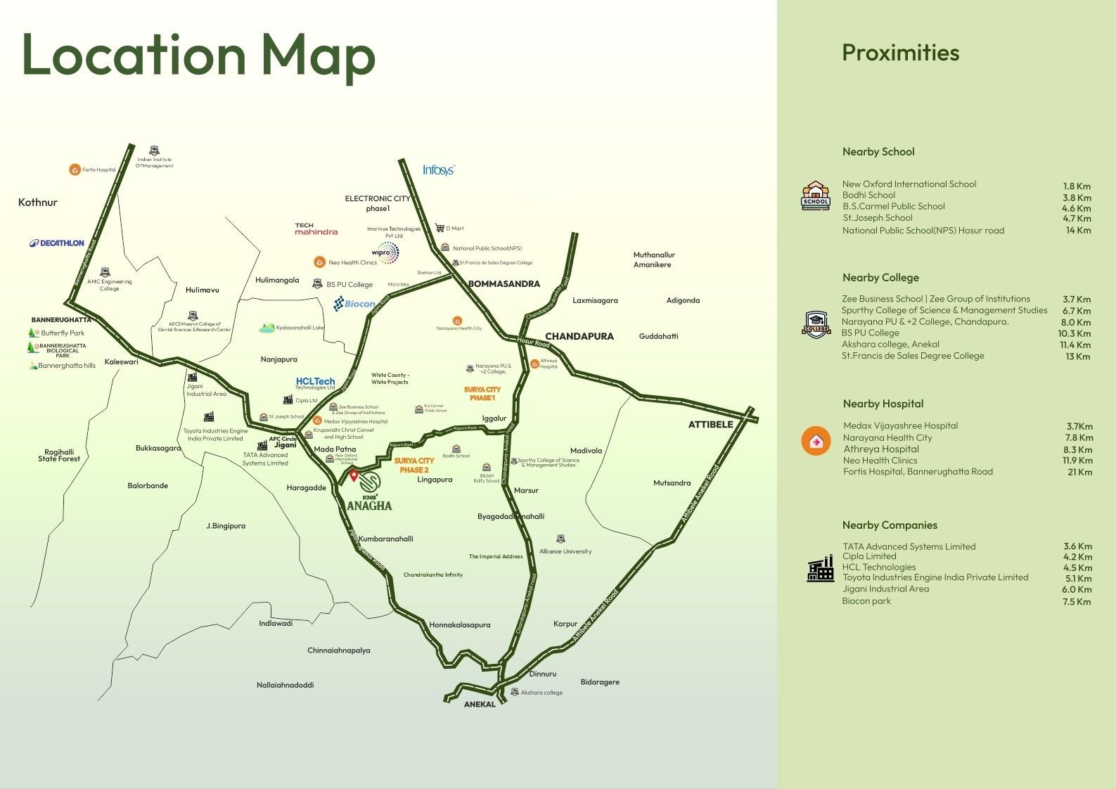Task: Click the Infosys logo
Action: pos(439,169)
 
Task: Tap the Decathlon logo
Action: pos(57,243)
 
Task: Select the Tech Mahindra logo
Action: pos(316,229)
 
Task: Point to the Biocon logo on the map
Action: pos(354,304)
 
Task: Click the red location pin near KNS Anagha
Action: pos(354,476)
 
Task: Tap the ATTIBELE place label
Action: pos(710,424)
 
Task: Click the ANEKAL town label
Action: pos(480,704)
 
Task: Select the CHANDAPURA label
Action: pos(579,336)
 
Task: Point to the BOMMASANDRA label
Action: pos(504,284)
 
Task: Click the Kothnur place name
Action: pos(38,203)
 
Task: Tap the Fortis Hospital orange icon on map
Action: pos(75,169)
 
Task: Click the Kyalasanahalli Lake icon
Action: pos(267,328)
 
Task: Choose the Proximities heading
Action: pos(900,53)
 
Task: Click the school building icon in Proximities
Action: pos(816,195)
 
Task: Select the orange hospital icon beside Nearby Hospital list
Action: pos(816,442)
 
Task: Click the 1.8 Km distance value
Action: pos(1077,186)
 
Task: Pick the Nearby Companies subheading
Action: pos(890,525)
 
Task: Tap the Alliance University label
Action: pos(565,551)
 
